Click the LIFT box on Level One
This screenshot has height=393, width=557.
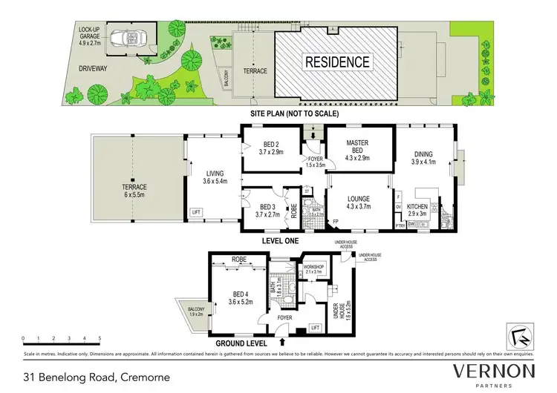(x=196, y=212)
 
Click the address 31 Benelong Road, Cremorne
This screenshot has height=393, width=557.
(x=96, y=377)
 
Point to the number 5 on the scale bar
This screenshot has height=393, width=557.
(x=100, y=338)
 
